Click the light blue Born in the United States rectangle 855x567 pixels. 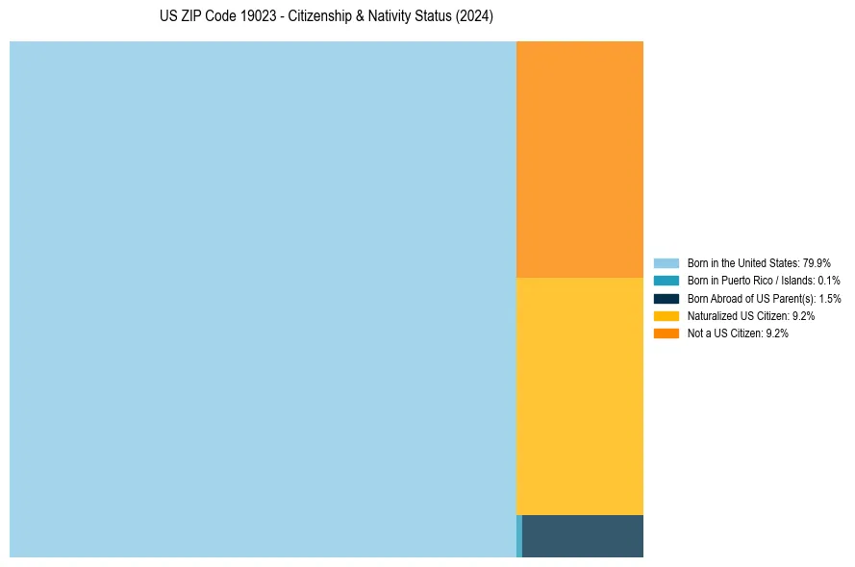click(263, 299)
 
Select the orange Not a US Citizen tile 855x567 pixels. click(580, 159)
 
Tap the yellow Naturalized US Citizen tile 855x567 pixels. click(580, 396)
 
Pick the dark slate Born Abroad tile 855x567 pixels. click(583, 536)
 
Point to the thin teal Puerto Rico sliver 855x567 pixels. click(519, 536)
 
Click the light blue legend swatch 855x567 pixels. click(666, 262)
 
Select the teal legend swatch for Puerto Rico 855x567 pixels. click(666, 281)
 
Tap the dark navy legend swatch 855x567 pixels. click(666, 298)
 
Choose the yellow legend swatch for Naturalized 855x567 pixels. click(666, 315)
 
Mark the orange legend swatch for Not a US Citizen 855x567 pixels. click(666, 333)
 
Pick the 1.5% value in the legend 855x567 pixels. click(830, 298)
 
